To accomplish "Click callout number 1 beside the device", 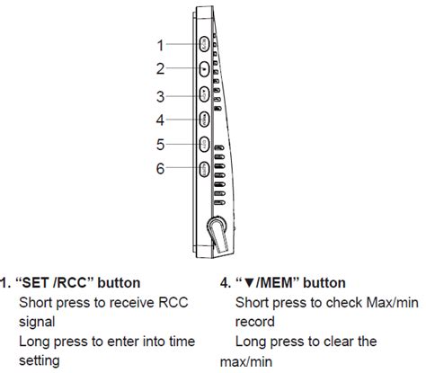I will click(160, 44).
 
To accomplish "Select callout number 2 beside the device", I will click(160, 68).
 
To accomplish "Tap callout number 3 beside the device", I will click(160, 95).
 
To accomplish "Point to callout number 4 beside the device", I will click(160, 119).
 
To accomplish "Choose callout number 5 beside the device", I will click(160, 144).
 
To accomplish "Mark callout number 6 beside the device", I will click(160, 167).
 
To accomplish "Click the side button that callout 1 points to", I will click(204, 43).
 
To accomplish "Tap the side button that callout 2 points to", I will click(204, 68).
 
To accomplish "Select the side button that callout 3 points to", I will click(204, 93).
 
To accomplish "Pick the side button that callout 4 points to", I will click(204, 118).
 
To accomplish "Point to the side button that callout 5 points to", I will click(204, 143).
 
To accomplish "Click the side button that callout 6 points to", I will click(204, 167).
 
